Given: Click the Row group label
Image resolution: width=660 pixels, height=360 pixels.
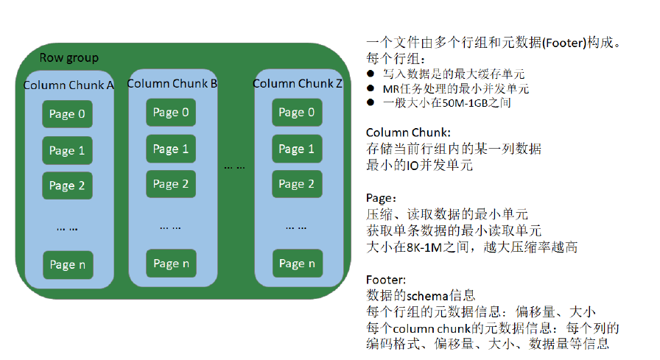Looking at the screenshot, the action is tap(69, 58).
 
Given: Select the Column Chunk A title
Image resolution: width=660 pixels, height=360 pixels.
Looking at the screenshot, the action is tap(69, 85).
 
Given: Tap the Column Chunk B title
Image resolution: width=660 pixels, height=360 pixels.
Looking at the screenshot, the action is tap(172, 84).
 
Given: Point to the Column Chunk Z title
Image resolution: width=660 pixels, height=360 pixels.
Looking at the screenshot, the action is tap(297, 84).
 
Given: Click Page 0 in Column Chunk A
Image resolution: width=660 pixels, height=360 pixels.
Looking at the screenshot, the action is tap(67, 114).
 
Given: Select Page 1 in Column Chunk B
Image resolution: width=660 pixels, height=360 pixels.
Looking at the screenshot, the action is tap(171, 149).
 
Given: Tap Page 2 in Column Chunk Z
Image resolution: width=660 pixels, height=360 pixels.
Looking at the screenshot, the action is tap(297, 184).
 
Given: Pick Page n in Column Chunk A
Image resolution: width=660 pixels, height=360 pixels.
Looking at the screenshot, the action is tap(68, 265).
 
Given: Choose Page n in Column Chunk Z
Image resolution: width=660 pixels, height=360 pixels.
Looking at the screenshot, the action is tap(298, 264).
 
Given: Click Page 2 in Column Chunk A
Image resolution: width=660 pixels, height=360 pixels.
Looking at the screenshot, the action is tap(67, 186).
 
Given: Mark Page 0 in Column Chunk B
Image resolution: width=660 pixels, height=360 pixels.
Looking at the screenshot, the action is tap(171, 113).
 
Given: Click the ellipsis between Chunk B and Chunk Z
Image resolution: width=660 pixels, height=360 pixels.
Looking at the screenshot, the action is tap(234, 168).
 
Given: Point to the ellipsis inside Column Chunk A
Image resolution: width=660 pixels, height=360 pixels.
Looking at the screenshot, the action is tap(67, 230).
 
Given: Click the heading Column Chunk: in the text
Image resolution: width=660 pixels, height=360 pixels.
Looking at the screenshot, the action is tap(408, 133).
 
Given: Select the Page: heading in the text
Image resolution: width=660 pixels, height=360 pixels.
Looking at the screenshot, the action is tap(381, 199).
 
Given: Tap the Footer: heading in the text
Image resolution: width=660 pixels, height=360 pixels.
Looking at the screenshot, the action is tap(386, 280).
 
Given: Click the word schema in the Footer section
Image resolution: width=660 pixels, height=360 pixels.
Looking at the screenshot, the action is tap(427, 296).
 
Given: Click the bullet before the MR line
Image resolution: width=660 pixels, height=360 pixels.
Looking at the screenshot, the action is tap(371, 88).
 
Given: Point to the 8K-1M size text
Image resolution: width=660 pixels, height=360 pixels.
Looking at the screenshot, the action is tap(424, 247).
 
